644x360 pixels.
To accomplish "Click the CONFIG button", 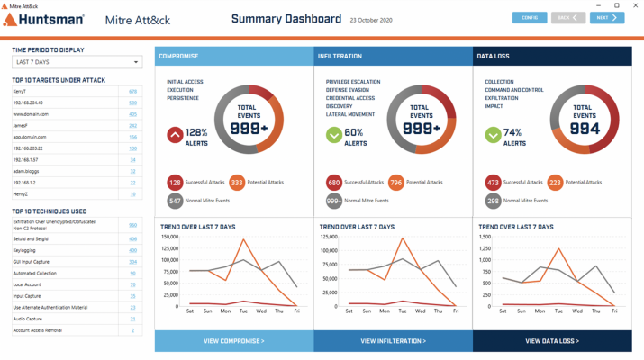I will (x=530, y=18).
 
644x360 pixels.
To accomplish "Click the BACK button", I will (x=567, y=18).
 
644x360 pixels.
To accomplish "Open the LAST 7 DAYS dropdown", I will (x=77, y=62).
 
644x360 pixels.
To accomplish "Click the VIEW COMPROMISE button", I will (x=234, y=341).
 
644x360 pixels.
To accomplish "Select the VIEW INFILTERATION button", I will (x=393, y=341).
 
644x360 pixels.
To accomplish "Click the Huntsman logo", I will (x=44, y=20).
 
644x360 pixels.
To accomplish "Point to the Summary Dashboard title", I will (x=286, y=19).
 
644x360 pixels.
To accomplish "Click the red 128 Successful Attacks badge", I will (x=175, y=183).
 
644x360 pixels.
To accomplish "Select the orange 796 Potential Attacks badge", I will (x=396, y=183).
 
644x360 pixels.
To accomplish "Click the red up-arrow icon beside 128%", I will (x=175, y=136).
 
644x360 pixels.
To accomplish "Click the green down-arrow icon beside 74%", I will (x=493, y=136).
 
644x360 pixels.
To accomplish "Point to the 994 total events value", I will (x=584, y=129).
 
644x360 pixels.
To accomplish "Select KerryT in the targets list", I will (x=20, y=92).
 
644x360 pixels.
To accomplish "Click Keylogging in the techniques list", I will (x=24, y=250).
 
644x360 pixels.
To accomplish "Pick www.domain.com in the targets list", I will (x=31, y=114).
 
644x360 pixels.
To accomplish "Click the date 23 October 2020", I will (x=371, y=20).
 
